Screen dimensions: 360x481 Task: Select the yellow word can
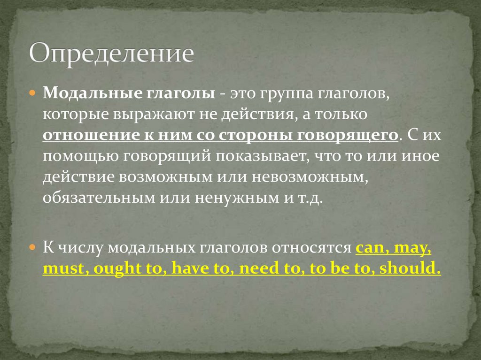coord(369,249)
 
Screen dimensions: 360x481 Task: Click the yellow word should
coord(410,269)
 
